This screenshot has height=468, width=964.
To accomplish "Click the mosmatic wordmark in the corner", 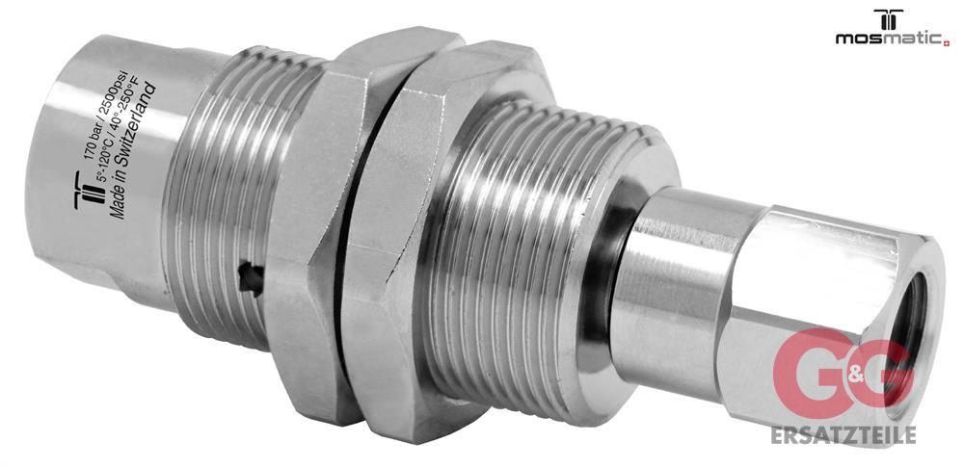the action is point(889,38).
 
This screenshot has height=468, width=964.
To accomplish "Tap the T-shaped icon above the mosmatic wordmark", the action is point(889,19).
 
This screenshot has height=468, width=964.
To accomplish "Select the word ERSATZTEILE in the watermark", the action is point(843,434).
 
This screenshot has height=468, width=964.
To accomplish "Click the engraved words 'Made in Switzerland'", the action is point(133,152).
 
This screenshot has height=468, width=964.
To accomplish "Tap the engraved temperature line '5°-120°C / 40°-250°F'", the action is point(120,140).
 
